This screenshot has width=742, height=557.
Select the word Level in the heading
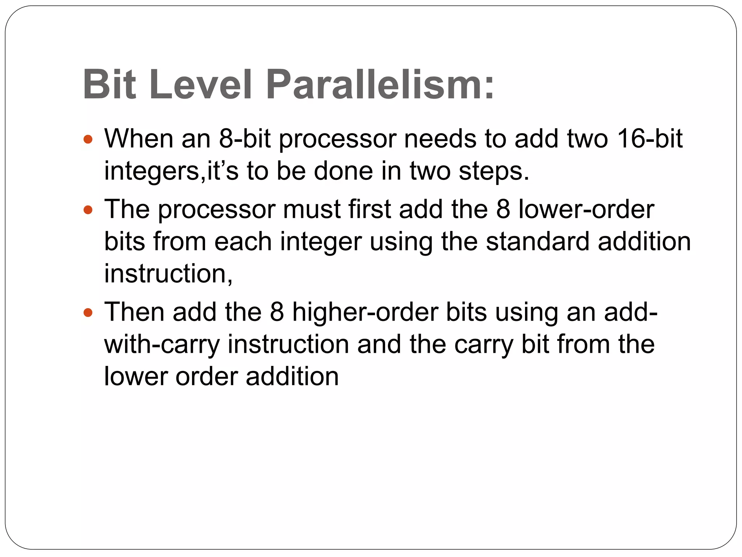pos(201,85)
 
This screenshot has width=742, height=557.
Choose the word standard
pos(538,242)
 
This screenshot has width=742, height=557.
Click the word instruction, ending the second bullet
pos(168,273)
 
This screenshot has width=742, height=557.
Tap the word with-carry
pos(162,344)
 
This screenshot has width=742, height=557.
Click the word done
pos(343,171)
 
